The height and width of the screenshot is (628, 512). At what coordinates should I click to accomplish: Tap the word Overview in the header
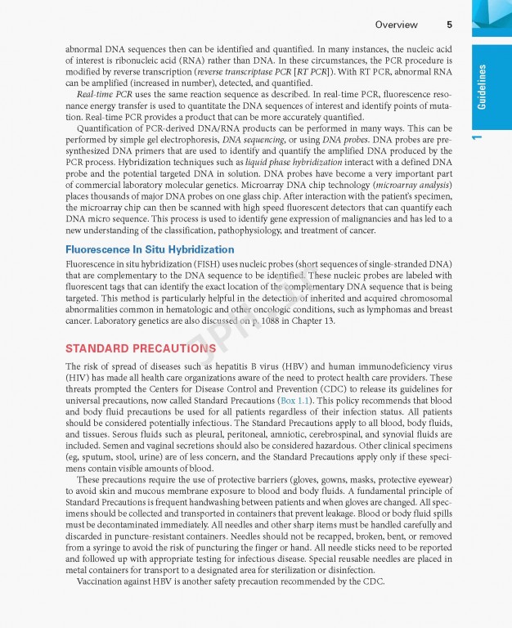point(396,25)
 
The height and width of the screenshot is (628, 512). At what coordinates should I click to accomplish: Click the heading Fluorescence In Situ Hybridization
point(150,249)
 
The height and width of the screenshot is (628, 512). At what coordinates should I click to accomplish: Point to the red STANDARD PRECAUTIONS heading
point(141,348)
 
